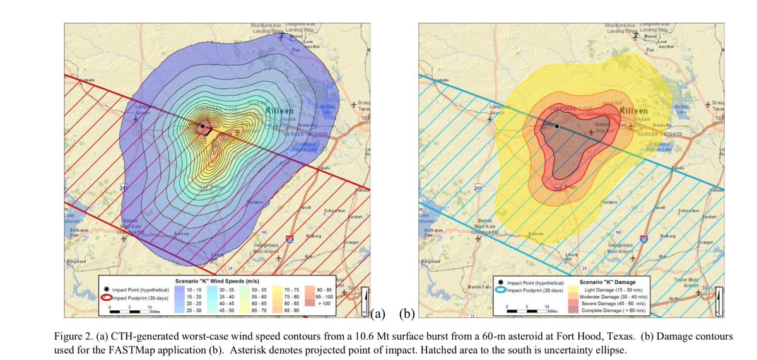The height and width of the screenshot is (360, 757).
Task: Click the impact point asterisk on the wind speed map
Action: pyautogui.click(x=202, y=127)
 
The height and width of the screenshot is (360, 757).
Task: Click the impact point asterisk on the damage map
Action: pyautogui.click(x=557, y=127)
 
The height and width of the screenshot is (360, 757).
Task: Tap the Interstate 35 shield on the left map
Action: pyautogui.click(x=290, y=239)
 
